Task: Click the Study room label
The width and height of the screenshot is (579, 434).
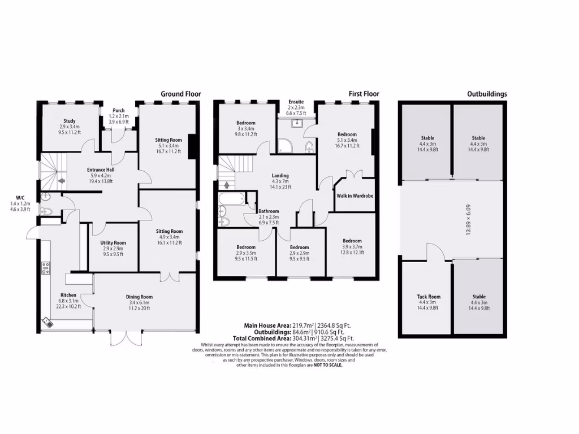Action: (70, 120)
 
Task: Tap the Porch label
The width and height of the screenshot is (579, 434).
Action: (119, 110)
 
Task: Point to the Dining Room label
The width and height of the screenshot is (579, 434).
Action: (139, 297)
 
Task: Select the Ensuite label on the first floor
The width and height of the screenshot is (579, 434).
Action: (296, 102)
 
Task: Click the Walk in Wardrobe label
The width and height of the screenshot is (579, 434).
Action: (355, 196)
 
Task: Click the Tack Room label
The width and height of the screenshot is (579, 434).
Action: (428, 297)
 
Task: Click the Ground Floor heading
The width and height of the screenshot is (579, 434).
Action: (181, 94)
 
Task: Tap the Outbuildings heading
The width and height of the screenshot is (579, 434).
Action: (486, 94)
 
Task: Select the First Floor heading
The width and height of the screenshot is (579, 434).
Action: (364, 94)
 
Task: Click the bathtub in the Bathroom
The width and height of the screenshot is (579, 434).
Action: (231, 199)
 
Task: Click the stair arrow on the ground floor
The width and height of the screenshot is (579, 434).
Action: (61, 181)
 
